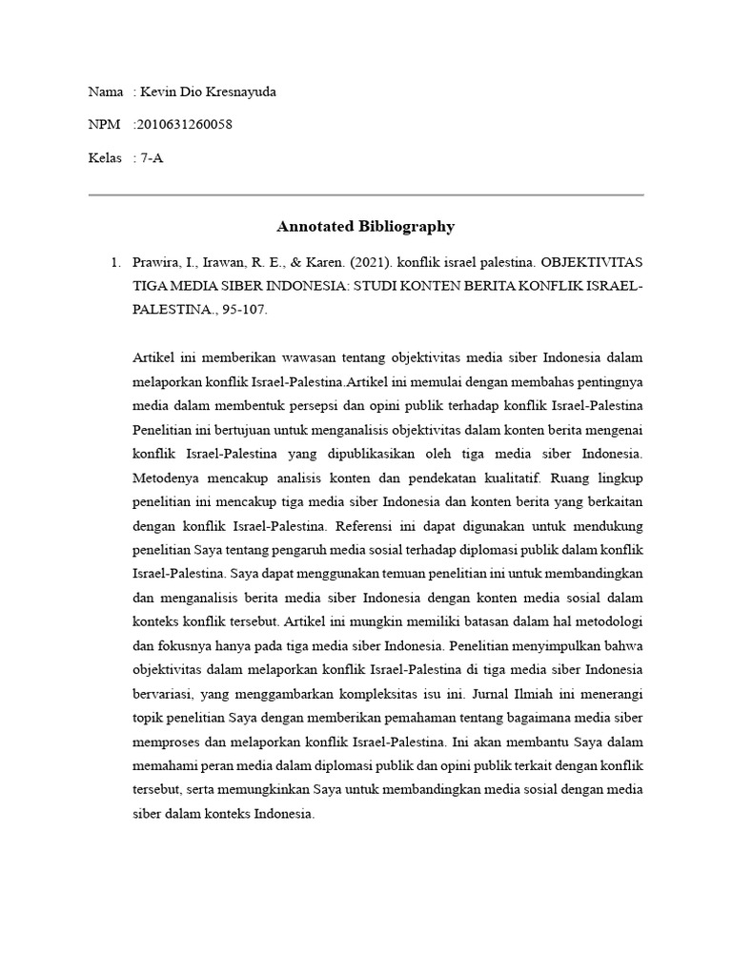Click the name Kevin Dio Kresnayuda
pyautogui.click(x=212, y=91)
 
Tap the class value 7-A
pyautogui.click(x=152, y=158)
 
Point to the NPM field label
pyautogui.click(x=104, y=125)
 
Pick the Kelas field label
pyautogui.click(x=105, y=158)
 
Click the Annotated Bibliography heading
pyautogui.click(x=365, y=226)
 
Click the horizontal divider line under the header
pyautogui.click(x=365, y=194)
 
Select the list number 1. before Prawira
pyautogui.click(x=114, y=260)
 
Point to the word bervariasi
pyautogui.click(x=163, y=691)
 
